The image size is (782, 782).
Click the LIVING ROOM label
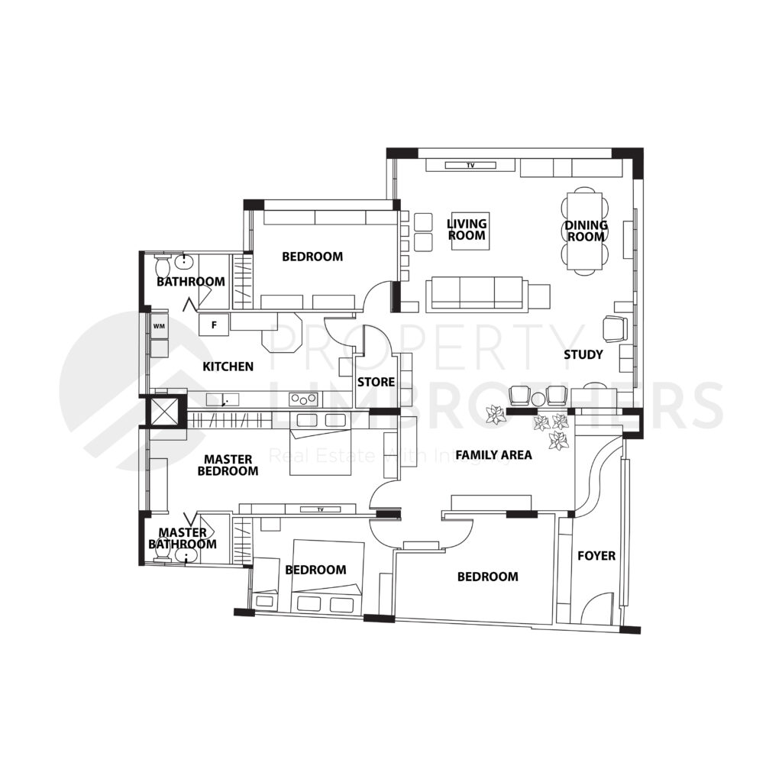coord(467,229)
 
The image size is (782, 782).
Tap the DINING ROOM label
coord(586,231)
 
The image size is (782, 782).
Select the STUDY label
coord(583,354)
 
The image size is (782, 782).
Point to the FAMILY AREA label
coord(493,455)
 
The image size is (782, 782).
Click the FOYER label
coord(596,556)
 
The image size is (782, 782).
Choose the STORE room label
coord(376,382)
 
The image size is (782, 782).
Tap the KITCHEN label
coord(228,367)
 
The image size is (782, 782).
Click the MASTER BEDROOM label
coord(228,465)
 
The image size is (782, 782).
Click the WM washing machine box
coord(160,326)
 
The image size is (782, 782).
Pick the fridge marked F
coord(215,325)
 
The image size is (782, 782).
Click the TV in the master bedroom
coord(320,509)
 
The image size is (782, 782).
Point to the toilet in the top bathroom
coord(161,267)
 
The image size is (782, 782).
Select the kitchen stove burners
coord(303,398)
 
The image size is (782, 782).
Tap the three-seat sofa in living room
coord(477,292)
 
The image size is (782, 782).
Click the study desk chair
coord(614,328)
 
